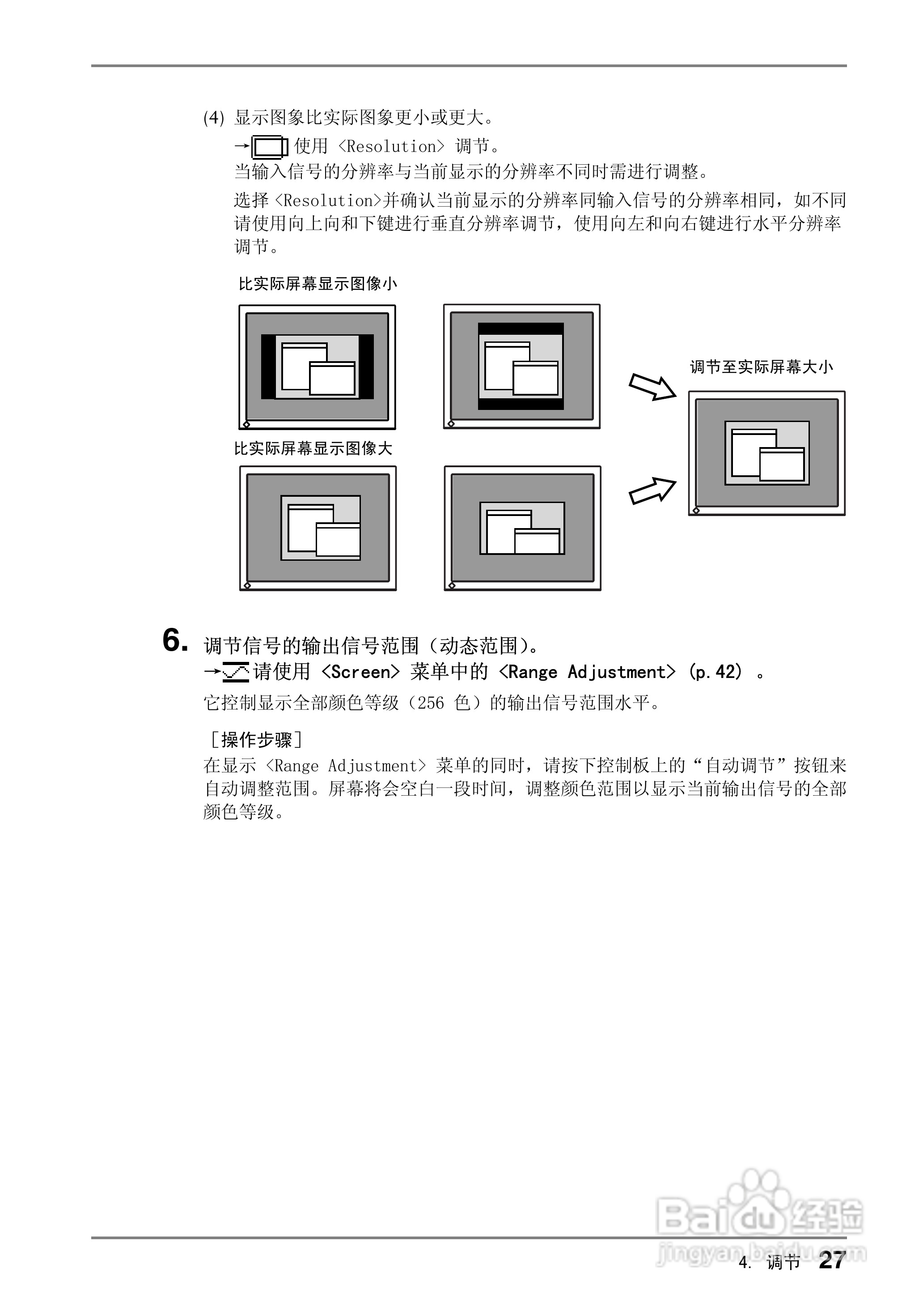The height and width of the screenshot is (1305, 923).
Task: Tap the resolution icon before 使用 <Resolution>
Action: [x=269, y=147]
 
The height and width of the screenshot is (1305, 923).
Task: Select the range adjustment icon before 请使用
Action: [x=236, y=672]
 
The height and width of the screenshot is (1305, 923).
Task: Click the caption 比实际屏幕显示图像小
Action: [x=318, y=284]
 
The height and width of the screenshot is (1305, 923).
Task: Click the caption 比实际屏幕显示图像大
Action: [x=313, y=448]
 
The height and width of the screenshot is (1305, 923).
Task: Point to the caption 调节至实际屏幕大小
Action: [x=761, y=367]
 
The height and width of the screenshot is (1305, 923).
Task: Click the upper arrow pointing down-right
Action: [x=652, y=387]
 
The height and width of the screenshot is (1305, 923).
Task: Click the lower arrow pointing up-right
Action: [x=652, y=491]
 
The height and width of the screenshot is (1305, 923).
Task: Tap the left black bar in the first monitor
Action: [x=268, y=367]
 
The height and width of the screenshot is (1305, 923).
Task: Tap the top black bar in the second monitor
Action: [x=521, y=328]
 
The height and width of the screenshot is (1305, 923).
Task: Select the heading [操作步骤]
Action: [x=256, y=740]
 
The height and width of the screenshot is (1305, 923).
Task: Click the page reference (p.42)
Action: [x=715, y=672]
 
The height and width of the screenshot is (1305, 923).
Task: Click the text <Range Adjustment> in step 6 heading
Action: [x=587, y=672]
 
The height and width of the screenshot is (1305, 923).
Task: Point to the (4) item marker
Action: [x=214, y=118]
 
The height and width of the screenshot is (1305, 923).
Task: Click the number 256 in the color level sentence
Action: [x=430, y=704]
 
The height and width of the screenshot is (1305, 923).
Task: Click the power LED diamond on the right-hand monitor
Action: [x=696, y=510]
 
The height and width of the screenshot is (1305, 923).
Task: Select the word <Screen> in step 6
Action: [x=360, y=672]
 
